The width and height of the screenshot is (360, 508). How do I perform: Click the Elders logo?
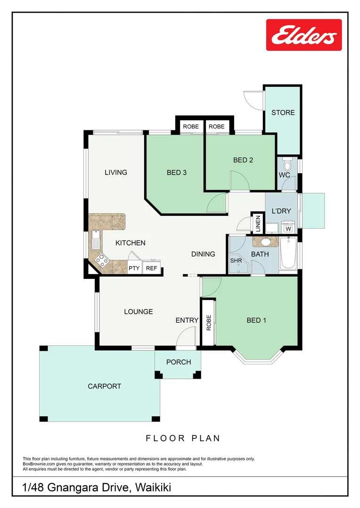[304, 35]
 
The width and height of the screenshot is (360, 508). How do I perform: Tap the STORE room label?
[283, 112]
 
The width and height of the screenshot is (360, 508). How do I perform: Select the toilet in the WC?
[287, 164]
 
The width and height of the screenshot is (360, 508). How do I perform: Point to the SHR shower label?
[236, 261]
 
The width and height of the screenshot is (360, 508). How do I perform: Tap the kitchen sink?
[95, 240]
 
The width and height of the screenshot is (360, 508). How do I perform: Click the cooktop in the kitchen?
[102, 260]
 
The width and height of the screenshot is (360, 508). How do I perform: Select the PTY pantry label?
[134, 268]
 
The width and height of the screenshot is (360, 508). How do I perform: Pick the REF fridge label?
[151, 268]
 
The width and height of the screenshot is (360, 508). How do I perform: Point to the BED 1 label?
[256, 320]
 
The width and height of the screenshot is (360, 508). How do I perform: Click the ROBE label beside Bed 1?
[209, 323]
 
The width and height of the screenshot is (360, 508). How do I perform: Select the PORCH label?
[179, 362]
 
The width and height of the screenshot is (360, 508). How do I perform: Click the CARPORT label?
[104, 386]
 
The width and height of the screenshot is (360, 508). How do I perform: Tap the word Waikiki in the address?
[153, 487]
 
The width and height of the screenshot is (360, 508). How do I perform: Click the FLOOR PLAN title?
[183, 438]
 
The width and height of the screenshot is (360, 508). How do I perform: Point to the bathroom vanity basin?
[265, 242]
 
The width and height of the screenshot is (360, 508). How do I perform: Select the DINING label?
[203, 254]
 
